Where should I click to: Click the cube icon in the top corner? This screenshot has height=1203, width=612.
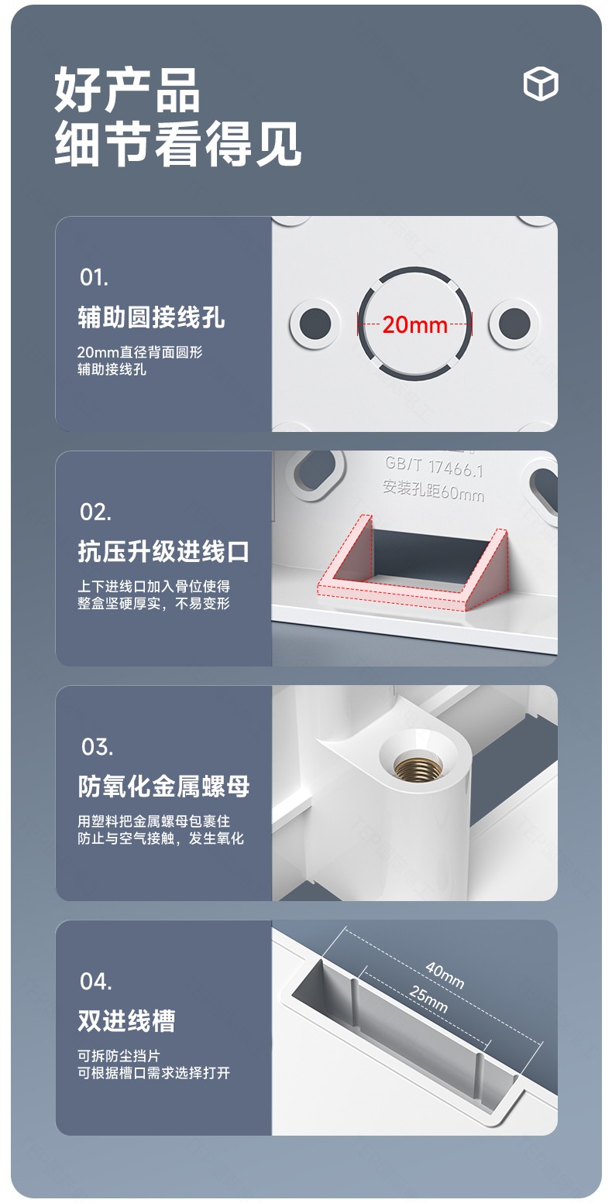click(541, 84)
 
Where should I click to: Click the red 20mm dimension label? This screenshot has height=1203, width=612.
click(414, 325)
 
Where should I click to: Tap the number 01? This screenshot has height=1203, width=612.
click(94, 277)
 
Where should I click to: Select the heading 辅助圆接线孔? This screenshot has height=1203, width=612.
click(152, 317)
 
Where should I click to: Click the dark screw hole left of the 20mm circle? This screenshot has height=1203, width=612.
click(315, 324)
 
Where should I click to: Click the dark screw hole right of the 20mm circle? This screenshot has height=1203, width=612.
click(514, 324)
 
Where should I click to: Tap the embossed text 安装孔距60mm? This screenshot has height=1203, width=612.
click(433, 490)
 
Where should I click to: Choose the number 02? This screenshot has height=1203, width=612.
click(95, 512)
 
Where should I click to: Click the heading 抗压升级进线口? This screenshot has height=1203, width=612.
click(164, 551)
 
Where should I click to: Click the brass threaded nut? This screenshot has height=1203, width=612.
click(418, 766)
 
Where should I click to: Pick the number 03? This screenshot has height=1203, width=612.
click(97, 746)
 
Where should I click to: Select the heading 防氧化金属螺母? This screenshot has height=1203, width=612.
click(164, 787)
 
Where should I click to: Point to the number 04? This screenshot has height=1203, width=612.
click(95, 981)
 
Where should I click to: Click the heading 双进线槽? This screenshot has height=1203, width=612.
click(127, 1021)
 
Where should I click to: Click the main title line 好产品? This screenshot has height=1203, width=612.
click(127, 89)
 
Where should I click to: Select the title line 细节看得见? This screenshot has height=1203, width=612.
click(178, 143)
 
